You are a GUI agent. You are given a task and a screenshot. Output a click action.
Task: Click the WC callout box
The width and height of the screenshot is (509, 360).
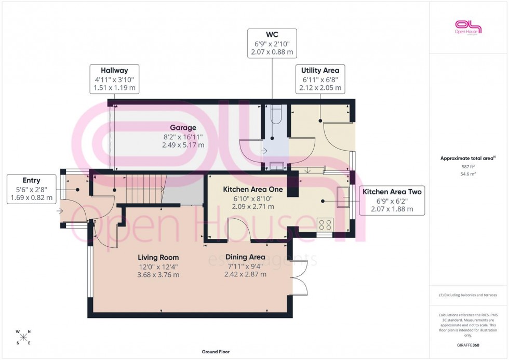coord(272,43)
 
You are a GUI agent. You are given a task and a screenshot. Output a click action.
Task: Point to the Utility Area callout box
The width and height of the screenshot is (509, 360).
coord(320,79)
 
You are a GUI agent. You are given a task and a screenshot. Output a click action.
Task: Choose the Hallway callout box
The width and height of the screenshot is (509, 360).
coord(115,79)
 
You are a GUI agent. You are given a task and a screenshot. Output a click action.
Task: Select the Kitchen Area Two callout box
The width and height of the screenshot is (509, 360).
coord(392,201)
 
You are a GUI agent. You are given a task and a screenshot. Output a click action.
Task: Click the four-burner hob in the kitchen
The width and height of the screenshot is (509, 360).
coord(325,225)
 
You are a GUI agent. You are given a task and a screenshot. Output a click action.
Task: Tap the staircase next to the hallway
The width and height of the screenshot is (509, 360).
coord(144,189)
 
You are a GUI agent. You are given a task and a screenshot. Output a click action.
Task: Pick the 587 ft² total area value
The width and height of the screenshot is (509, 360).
coord(468,167)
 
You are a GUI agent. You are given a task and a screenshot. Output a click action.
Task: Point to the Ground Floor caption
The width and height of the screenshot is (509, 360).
coord(216,352)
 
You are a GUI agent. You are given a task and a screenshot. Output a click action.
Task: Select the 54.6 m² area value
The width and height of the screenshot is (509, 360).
coord(468,175)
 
